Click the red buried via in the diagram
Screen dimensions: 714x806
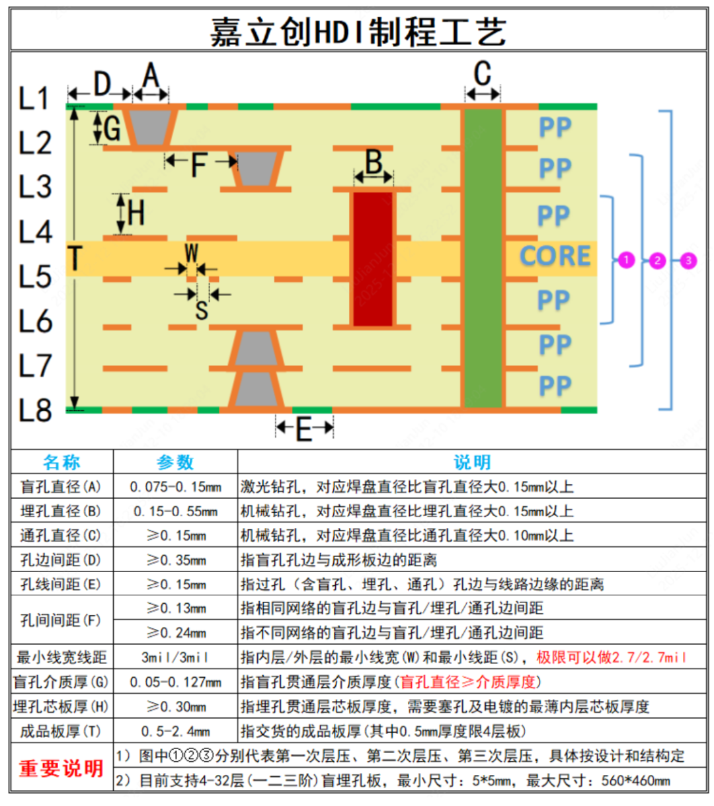[x=372, y=259]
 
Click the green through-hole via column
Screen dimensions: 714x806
[x=483, y=258]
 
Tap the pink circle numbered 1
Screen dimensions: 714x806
[x=626, y=260]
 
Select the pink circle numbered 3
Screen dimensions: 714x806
[x=688, y=260]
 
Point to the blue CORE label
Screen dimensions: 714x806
[x=555, y=256]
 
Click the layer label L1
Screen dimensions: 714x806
[x=34, y=98]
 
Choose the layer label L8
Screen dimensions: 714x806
[x=35, y=410]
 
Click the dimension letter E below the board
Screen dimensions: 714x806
[x=304, y=429]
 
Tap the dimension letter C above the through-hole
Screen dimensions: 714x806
[x=482, y=73]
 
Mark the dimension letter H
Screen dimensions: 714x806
[x=136, y=213]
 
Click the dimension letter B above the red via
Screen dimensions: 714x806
[x=374, y=162]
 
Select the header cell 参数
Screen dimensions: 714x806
[x=175, y=462]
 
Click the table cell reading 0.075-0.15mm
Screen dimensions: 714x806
[x=175, y=486]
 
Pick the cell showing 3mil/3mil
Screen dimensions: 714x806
[x=175, y=657]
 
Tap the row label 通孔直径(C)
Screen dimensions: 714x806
[x=61, y=536]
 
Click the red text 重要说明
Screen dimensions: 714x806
[x=61, y=768]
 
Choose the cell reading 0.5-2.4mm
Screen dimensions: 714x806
[x=175, y=731]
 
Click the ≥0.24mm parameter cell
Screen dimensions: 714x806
[x=176, y=632]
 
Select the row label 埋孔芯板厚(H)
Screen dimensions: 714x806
[x=61, y=706]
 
